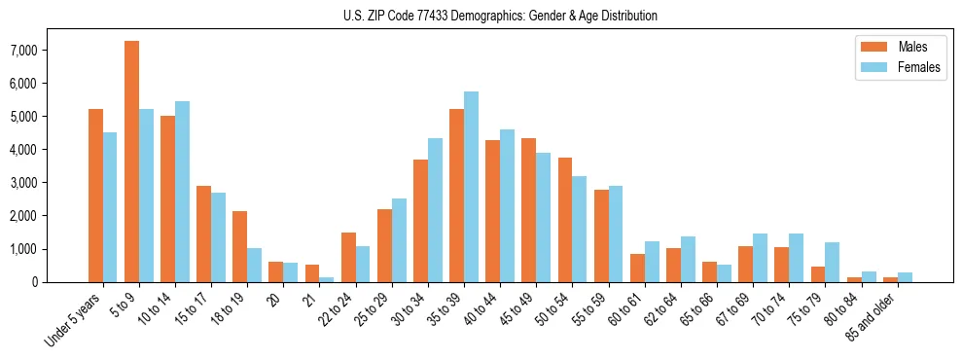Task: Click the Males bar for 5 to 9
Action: [131, 162]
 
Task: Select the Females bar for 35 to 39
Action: [471, 187]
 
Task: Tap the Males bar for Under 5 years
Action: [95, 196]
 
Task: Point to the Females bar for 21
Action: [326, 279]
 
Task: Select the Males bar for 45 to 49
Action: [528, 210]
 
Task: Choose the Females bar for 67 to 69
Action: [760, 258]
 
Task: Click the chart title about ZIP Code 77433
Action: [500, 16]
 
